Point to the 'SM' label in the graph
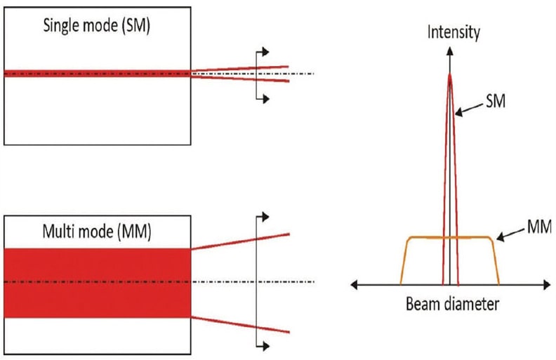tap(496, 102)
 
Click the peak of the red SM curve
tap(450, 76)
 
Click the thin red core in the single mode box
tap(97, 73)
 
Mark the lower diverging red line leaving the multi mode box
tap(239, 324)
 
